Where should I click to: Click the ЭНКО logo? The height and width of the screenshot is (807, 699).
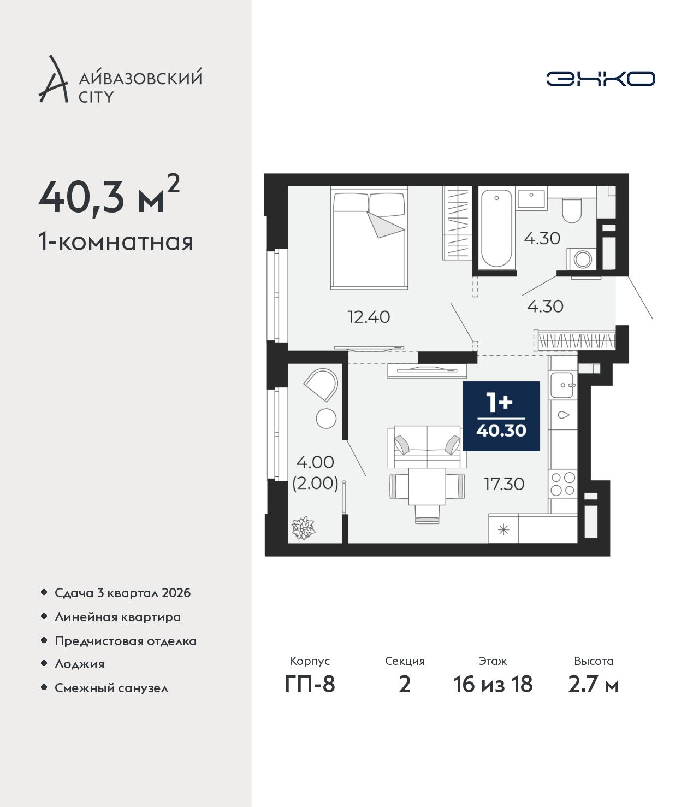(600, 79)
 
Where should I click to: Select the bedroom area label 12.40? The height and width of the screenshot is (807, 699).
(369, 317)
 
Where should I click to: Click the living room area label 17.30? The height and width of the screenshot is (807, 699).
(504, 484)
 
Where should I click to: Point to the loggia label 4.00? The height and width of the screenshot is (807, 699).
(315, 462)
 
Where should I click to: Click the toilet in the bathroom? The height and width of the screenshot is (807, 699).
(572, 210)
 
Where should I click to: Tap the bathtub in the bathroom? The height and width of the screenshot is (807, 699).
(496, 228)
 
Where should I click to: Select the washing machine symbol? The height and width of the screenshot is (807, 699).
(582, 259)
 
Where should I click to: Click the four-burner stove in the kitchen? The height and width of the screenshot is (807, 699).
(563, 484)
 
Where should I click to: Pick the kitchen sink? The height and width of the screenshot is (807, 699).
(562, 385)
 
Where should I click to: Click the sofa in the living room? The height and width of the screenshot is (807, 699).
(427, 446)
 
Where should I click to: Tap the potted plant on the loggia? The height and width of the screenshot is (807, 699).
(303, 529)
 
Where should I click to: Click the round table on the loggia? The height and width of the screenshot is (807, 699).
(326, 419)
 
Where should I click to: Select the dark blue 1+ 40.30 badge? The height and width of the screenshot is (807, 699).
(501, 416)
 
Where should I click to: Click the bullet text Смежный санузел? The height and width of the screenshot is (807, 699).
(111, 688)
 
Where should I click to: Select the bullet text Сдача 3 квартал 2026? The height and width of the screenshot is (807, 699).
(122, 593)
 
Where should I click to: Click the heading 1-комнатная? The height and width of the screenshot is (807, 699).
(116, 242)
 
